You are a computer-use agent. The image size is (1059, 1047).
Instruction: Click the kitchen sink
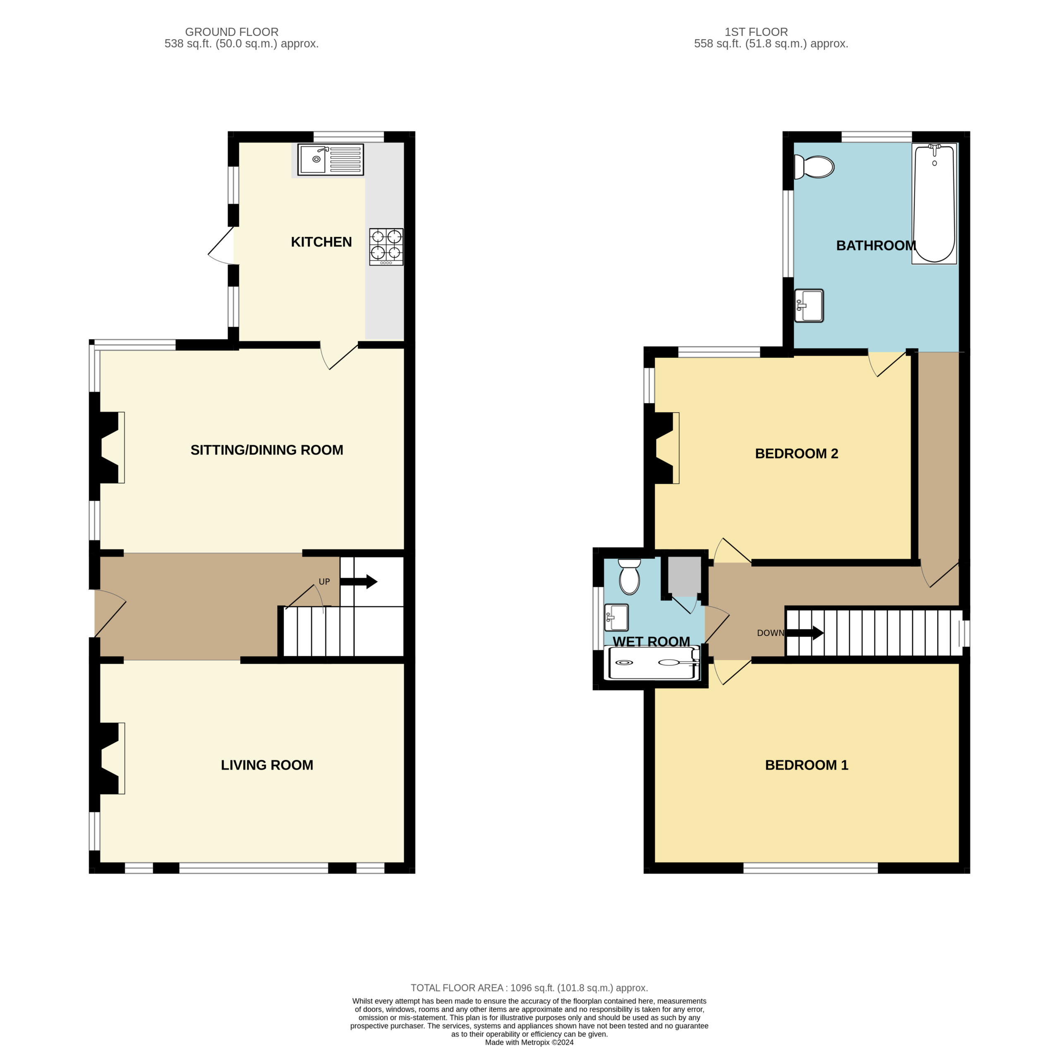331,159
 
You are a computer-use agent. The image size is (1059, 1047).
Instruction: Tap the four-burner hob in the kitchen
386,246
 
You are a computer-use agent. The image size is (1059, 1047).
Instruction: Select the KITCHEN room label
321,241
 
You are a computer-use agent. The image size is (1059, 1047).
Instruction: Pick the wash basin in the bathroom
809,305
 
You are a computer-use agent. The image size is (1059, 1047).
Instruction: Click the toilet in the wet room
629,576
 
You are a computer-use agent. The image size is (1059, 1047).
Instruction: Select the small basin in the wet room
616,617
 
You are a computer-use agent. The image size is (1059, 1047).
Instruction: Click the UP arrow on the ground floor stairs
359,581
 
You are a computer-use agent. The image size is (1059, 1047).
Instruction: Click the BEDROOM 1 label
806,765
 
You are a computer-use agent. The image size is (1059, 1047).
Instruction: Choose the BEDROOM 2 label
796,453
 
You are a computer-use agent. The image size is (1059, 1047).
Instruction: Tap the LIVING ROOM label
267,765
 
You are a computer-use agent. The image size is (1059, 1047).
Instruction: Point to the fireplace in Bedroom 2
664,447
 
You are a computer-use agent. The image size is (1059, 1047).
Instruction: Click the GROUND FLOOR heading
232,32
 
